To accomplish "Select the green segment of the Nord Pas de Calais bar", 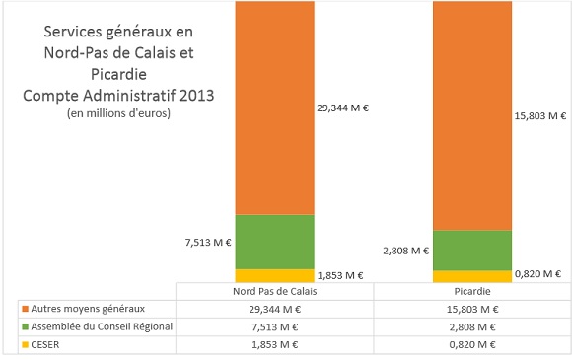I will point(274,241).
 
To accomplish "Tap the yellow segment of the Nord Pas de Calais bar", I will point(274,275).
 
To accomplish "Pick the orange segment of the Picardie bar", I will point(471,114).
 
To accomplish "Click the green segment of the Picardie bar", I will point(471,250).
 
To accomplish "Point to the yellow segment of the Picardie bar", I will point(471,276).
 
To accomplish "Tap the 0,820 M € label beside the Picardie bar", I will point(538,273).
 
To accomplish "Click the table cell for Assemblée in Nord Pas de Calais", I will point(273,326).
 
